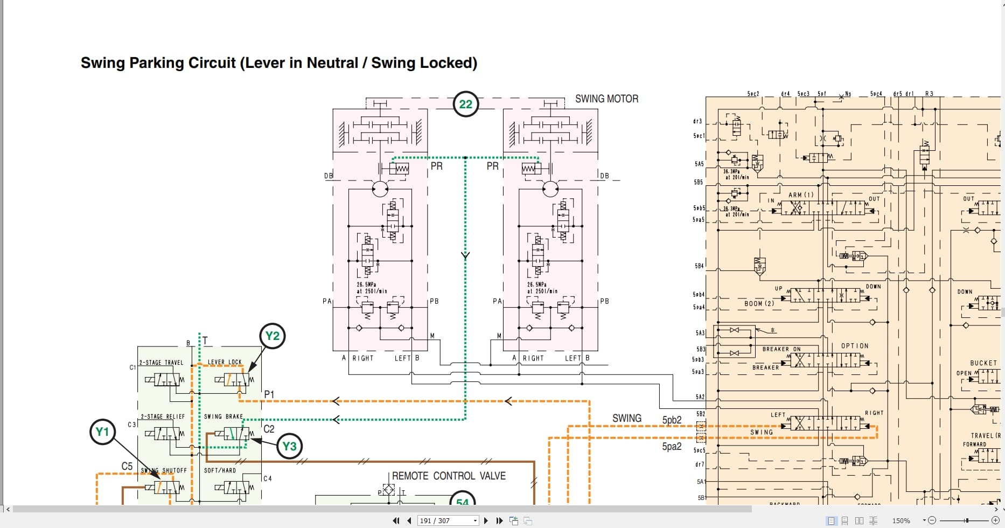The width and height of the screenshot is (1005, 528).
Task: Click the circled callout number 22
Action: [x=465, y=104]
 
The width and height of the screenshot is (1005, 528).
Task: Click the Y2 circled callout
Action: [x=273, y=336]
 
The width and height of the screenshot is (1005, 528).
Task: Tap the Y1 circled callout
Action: [x=102, y=432]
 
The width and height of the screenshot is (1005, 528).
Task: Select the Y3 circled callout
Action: [x=289, y=446]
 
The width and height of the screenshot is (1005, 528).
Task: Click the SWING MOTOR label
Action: [x=606, y=99]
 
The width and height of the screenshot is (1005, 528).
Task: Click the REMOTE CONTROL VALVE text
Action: [x=449, y=476]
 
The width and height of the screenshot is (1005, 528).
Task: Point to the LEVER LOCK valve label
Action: [x=225, y=362]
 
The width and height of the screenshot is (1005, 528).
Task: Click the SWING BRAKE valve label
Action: [x=224, y=416]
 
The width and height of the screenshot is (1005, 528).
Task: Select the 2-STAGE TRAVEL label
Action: [x=162, y=363]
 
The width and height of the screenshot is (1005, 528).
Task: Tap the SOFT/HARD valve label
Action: [x=220, y=470]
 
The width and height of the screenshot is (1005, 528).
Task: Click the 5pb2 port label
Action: [x=672, y=420]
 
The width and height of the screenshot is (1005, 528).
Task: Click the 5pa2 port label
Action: [x=672, y=446]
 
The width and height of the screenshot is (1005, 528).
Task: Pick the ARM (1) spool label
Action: [x=801, y=194]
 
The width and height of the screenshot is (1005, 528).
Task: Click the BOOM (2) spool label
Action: [x=759, y=303]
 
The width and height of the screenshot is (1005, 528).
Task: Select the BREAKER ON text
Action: [x=781, y=349]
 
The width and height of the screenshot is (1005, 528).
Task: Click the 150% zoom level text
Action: [x=901, y=520]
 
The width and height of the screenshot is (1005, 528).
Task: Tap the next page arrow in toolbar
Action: [x=486, y=520]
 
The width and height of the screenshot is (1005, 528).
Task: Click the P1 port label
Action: [x=269, y=394]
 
